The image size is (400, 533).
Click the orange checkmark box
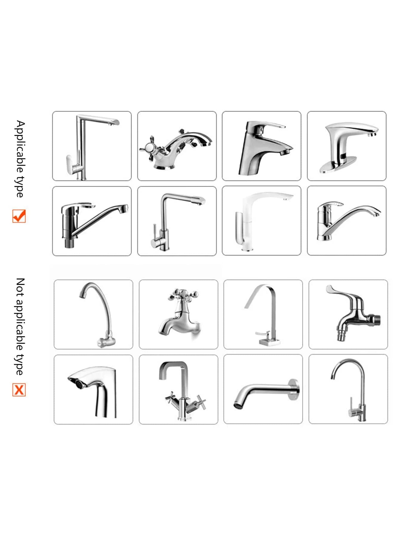pyautogui.click(x=19, y=216)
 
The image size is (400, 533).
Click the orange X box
pyautogui.click(x=19, y=390)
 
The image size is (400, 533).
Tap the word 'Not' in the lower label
pyautogui.click(x=20, y=285)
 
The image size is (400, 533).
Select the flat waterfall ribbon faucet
pyautogui.click(x=263, y=314)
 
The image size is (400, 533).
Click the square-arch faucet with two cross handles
pyautogui.click(x=179, y=389)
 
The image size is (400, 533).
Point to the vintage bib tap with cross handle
pyautogui.click(x=179, y=314)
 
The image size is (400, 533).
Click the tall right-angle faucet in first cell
pyautogui.click(x=92, y=146)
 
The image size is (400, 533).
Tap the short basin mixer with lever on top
pyautogui.click(x=261, y=146)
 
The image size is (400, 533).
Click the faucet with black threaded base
pyautogui.click(x=92, y=221)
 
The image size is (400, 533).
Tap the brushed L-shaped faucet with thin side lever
pyautogui.click(x=177, y=221)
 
